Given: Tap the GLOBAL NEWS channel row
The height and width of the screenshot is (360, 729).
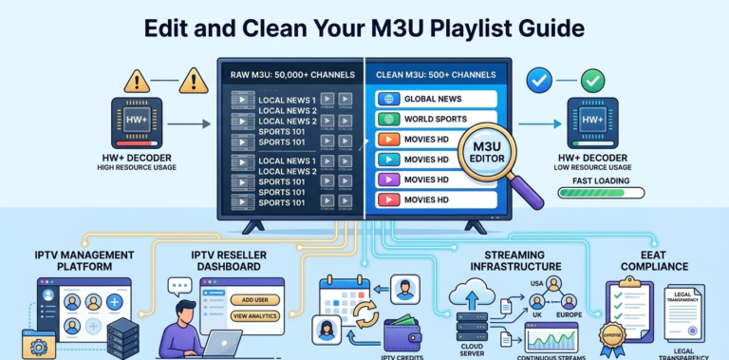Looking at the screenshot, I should click(436, 99).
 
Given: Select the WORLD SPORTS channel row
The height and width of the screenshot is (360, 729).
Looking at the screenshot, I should click(436, 120).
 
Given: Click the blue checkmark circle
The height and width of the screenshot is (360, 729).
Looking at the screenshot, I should click(540, 83).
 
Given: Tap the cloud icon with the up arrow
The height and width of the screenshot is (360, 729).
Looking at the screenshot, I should click(471, 294).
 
